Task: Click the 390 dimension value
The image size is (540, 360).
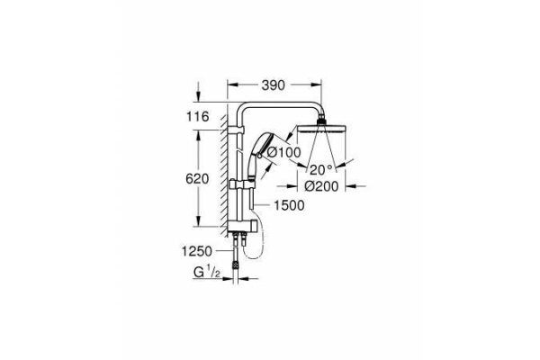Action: click(273, 85)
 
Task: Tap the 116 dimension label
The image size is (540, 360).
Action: click(198, 116)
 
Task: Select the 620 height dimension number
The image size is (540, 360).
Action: click(197, 179)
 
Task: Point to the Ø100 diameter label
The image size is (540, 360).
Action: click(283, 152)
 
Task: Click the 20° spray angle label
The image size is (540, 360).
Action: click(321, 169)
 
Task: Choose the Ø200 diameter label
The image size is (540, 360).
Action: click(321, 186)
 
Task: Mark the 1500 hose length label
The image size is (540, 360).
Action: click(289, 206)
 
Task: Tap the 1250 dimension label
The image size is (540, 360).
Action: click(196, 251)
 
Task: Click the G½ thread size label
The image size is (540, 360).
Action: click(207, 273)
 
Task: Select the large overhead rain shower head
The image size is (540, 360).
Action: click(322, 129)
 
